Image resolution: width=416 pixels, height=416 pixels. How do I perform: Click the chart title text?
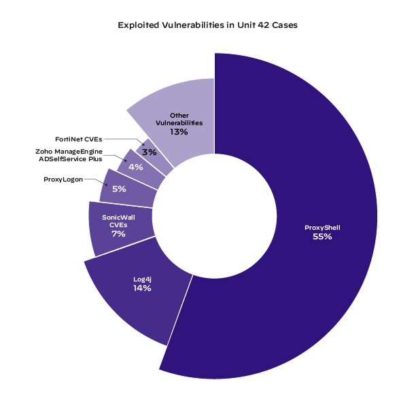pyautogui.click(x=207, y=25)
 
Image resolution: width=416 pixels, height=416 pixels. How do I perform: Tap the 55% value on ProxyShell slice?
pyautogui.click(x=322, y=237)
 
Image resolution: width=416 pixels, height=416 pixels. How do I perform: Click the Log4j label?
pyautogui.click(x=142, y=278)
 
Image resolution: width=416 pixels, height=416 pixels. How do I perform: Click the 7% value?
pyautogui.click(x=119, y=234)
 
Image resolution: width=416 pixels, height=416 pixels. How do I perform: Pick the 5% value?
pyautogui.click(x=119, y=189)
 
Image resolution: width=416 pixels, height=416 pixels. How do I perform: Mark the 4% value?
pyautogui.click(x=135, y=167)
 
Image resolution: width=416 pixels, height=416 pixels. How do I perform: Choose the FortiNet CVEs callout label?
pyautogui.click(x=79, y=138)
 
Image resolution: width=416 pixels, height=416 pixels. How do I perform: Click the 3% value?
pyautogui.click(x=150, y=152)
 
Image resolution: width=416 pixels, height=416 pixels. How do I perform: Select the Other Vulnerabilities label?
pyautogui.click(x=179, y=119)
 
